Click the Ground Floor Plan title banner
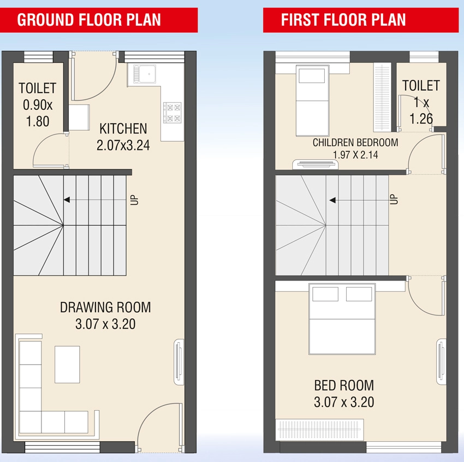[99, 20]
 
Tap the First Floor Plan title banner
[361, 20]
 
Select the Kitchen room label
[123, 128]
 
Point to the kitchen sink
[145, 74]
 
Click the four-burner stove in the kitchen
[172, 112]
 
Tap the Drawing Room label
[105, 307]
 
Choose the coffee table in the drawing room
[67, 364]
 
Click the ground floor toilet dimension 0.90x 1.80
[38, 113]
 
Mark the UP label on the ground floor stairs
[134, 200]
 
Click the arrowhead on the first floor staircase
[332, 200]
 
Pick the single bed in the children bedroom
[312, 101]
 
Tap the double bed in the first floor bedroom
[342, 319]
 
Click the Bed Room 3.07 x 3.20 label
[344, 394]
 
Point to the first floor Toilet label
[421, 86]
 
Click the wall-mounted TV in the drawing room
[179, 362]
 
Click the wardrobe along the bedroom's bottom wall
[319, 429]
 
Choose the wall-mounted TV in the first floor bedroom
[441, 362]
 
